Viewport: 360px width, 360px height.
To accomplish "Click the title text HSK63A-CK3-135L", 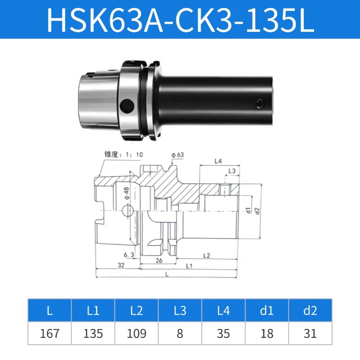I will pyautogui.click(x=180, y=19).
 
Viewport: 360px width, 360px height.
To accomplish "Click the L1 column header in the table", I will pyautogui.click(x=93, y=310).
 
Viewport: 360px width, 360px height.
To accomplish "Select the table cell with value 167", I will pyautogui.click(x=49, y=333).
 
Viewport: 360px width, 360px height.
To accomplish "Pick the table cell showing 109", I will pyautogui.click(x=136, y=333).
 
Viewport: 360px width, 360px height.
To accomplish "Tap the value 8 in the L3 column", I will pyautogui.click(x=180, y=333).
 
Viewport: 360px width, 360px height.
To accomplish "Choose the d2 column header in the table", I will pyautogui.click(x=310, y=310).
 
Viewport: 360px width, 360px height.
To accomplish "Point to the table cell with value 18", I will pyautogui.click(x=267, y=333).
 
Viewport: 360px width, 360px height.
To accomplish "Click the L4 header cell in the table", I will pyautogui.click(x=223, y=310).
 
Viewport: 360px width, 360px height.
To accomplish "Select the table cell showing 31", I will pyautogui.click(x=310, y=333).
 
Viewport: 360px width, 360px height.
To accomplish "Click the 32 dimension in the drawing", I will pyautogui.click(x=121, y=265).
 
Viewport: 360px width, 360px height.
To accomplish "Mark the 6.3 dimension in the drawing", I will pyautogui.click(x=129, y=255).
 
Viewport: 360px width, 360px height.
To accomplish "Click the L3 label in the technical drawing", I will pyautogui.click(x=232, y=171).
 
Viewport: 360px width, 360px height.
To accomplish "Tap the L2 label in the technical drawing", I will pyautogui.click(x=207, y=256).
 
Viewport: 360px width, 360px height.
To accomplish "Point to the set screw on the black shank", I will pyautogui.click(x=258, y=104).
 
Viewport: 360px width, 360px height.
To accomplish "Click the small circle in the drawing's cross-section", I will pyautogui.click(x=128, y=210).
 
